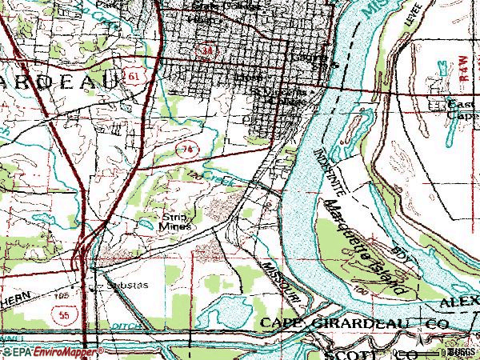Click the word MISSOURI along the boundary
coord(280,280)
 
